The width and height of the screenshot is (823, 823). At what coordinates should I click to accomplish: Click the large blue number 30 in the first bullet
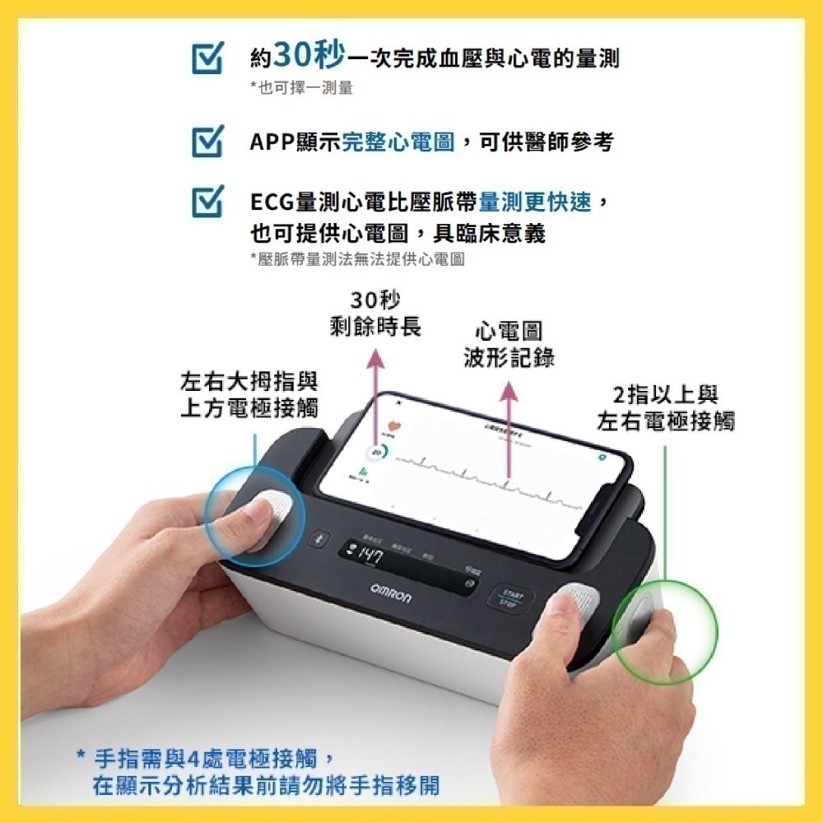point(291,57)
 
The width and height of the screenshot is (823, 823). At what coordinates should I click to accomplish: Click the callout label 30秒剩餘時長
point(375,313)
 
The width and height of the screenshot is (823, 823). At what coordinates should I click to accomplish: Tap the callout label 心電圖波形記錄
point(509,345)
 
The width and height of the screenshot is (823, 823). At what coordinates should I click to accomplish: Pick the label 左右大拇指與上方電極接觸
point(249,394)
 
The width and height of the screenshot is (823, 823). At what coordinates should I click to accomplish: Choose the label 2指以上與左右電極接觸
point(665,408)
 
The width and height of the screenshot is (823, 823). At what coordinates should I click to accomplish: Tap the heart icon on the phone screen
point(393,426)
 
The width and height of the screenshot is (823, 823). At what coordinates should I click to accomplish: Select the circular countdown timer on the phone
point(376,453)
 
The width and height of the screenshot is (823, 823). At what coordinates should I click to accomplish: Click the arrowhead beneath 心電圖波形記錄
point(509,388)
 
